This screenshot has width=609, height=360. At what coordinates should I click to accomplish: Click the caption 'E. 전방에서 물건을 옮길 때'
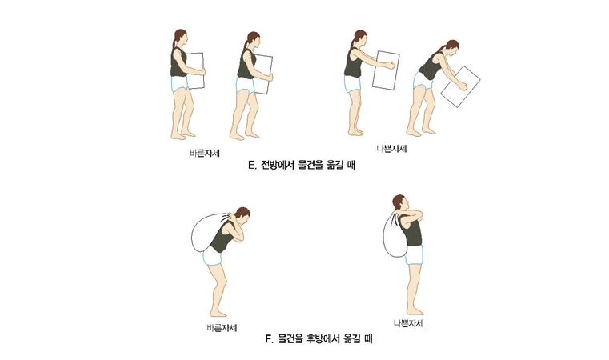point(302,167)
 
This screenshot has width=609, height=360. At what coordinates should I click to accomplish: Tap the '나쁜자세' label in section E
point(393,149)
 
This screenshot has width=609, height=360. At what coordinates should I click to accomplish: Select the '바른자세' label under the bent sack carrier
point(221,327)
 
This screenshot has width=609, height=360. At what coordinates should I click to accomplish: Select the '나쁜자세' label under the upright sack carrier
point(409,323)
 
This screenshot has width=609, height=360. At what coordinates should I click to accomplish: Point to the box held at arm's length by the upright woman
point(386,70)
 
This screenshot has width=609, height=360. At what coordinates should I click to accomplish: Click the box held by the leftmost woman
point(194,70)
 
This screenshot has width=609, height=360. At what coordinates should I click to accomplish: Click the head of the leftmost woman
point(181,38)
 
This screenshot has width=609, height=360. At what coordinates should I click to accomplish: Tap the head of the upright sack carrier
point(399,203)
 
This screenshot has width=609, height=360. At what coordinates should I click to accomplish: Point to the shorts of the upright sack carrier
point(413,254)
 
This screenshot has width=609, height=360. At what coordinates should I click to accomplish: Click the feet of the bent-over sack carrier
point(218,312)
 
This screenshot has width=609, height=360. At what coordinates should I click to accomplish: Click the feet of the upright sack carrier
point(414,310)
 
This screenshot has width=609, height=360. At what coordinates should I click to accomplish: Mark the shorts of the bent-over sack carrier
point(212,257)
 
